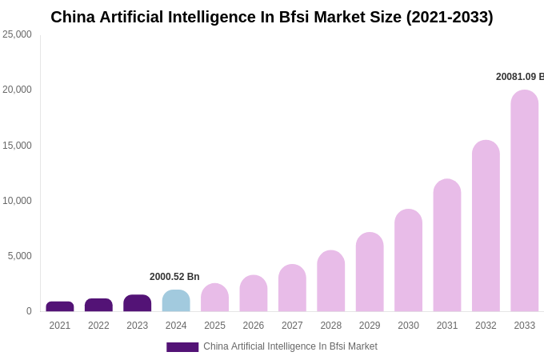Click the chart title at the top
click(x=272, y=17)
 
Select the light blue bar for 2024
click(x=176, y=302)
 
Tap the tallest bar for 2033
click(x=525, y=201)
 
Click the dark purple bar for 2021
click(x=60, y=306)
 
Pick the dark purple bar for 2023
click(x=138, y=303)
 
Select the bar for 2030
click(x=408, y=261)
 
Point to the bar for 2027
click(x=292, y=288)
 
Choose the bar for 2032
click(x=486, y=226)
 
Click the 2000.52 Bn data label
click(x=174, y=277)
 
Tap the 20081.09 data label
click(x=519, y=77)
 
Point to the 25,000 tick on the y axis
click(x=17, y=34)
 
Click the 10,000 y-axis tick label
click(x=17, y=201)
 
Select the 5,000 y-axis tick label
click(x=19, y=256)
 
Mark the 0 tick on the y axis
click(x=29, y=311)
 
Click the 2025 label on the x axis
click(x=214, y=326)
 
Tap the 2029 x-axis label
click(x=370, y=326)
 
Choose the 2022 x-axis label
click(x=98, y=326)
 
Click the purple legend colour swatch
click(x=182, y=347)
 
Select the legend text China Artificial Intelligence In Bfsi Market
click(x=290, y=346)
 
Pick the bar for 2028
click(x=330, y=281)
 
